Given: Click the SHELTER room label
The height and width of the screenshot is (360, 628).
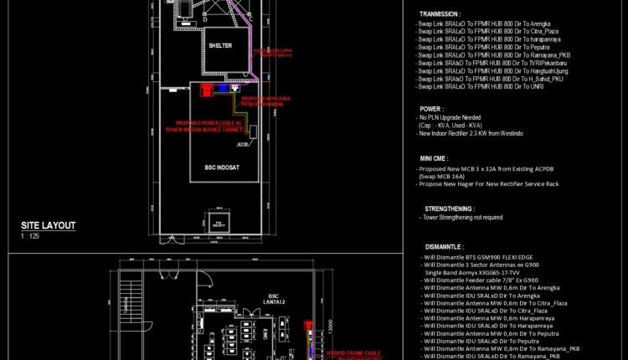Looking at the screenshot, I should pos(222,45).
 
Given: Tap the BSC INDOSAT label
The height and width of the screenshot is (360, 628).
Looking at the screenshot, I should pos(223,167).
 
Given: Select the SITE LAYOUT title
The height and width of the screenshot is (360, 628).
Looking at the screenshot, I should pos(49,225).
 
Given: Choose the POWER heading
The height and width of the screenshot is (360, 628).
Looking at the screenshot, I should pos(431,108).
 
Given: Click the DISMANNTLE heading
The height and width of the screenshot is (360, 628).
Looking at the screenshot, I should pos(444,247).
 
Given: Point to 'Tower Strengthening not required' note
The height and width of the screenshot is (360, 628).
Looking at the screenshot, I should pos(474,218).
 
